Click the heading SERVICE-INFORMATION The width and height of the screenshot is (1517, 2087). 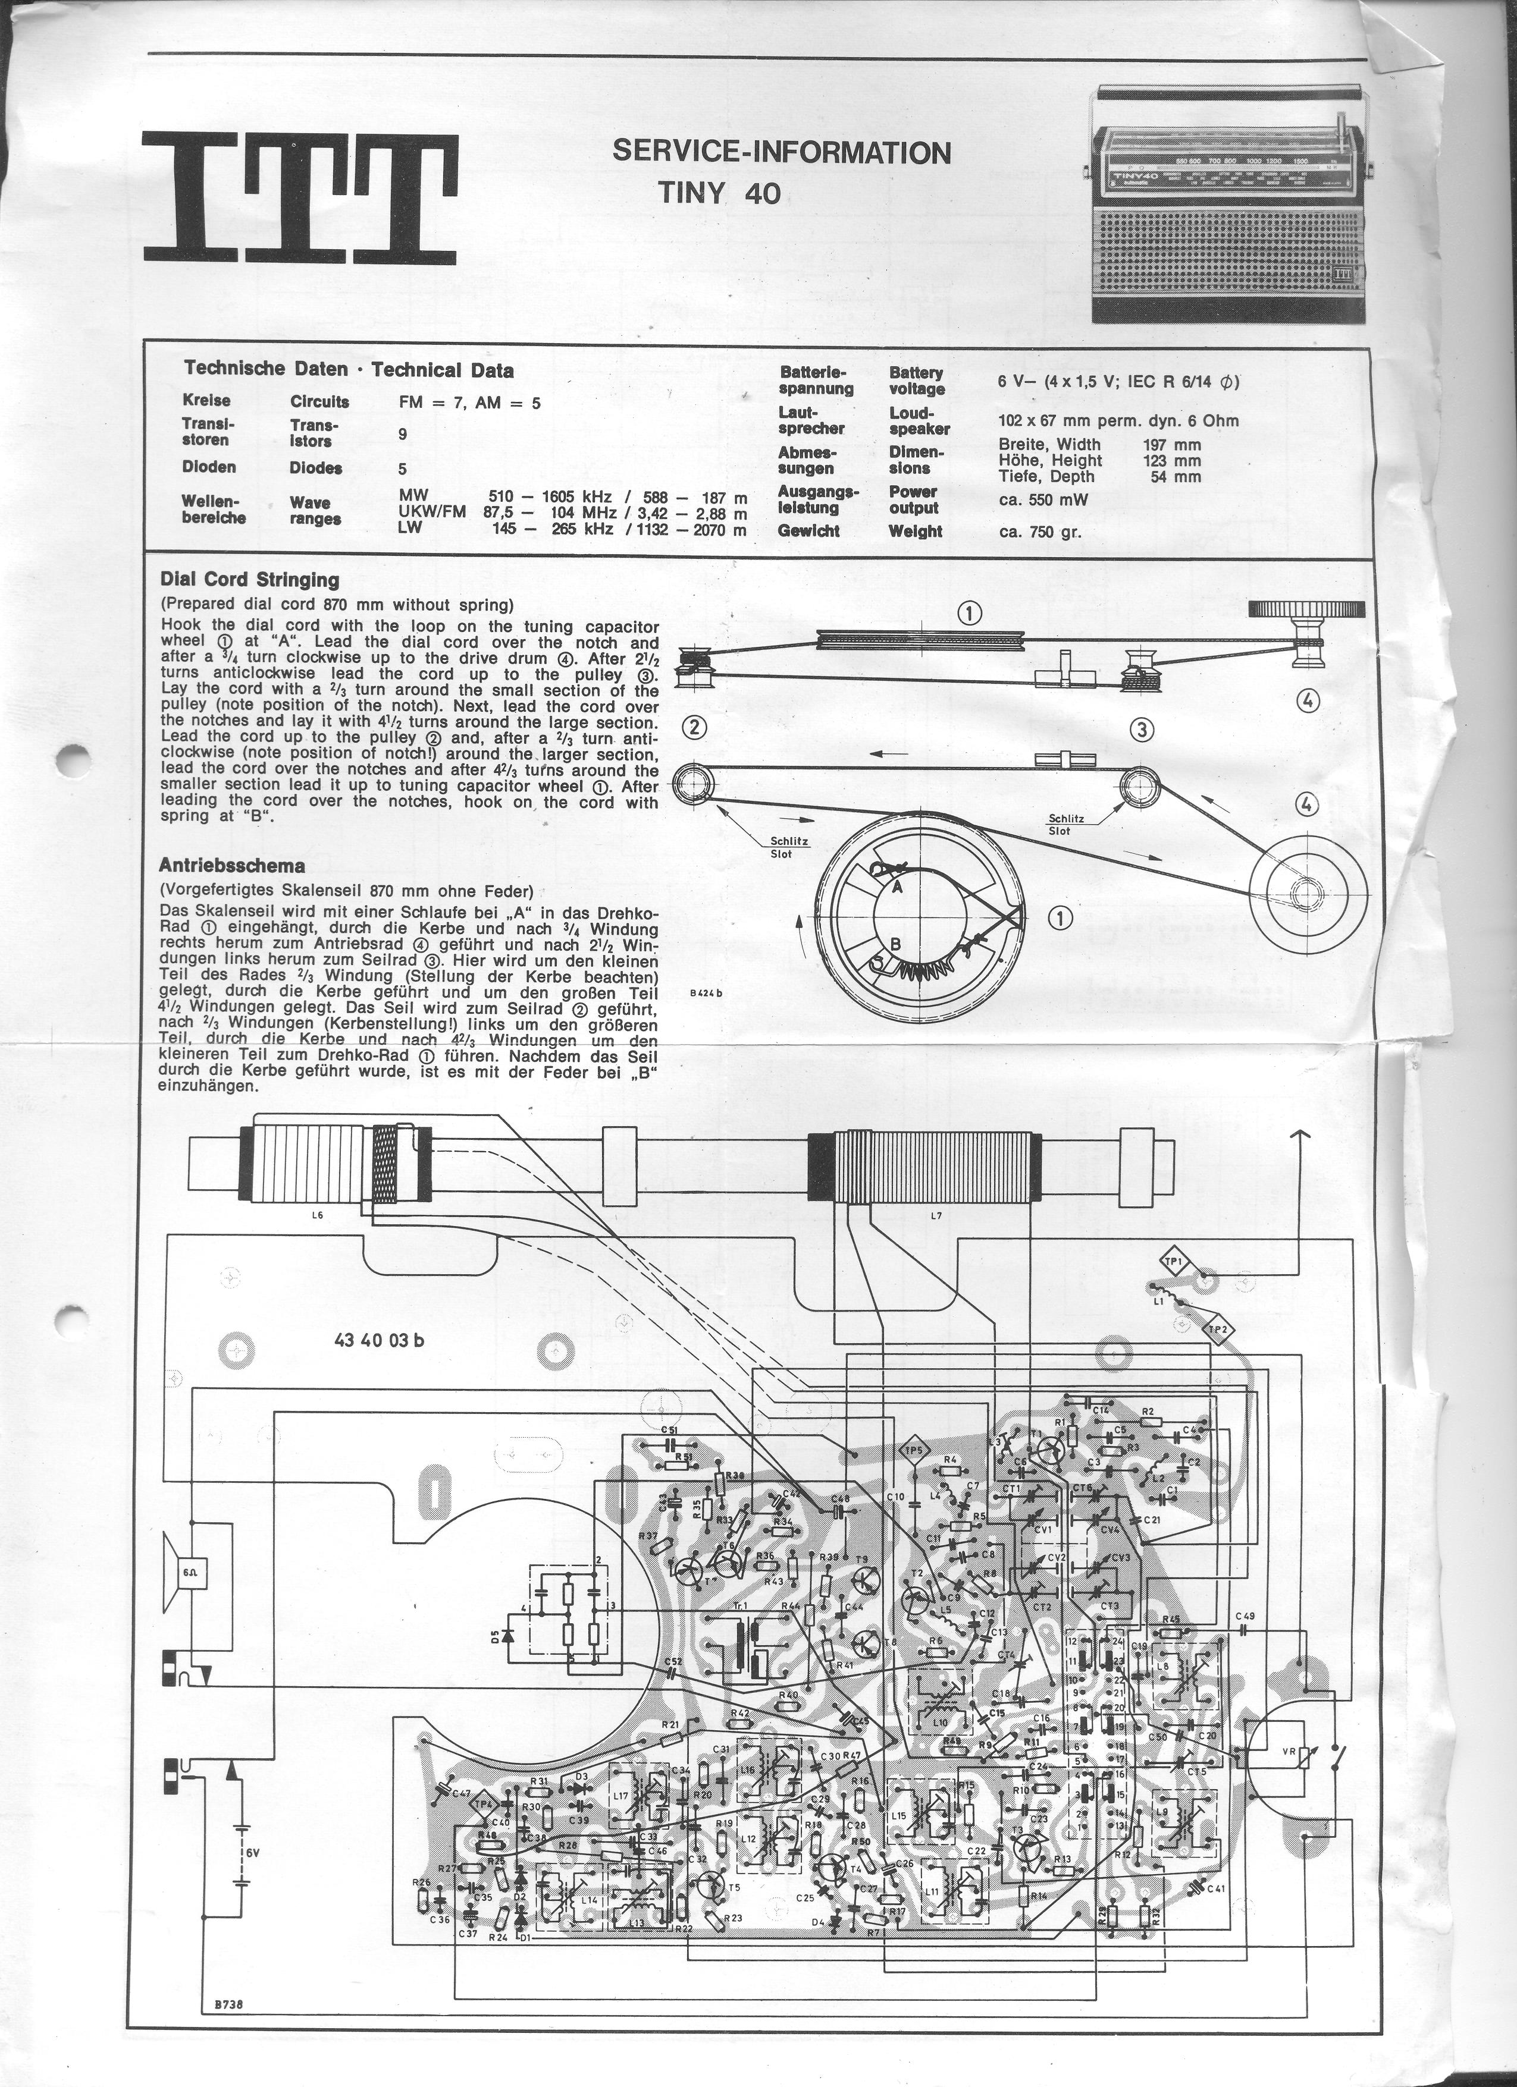782,153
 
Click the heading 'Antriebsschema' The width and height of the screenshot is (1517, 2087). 232,865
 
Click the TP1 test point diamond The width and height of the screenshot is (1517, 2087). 1174,1263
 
